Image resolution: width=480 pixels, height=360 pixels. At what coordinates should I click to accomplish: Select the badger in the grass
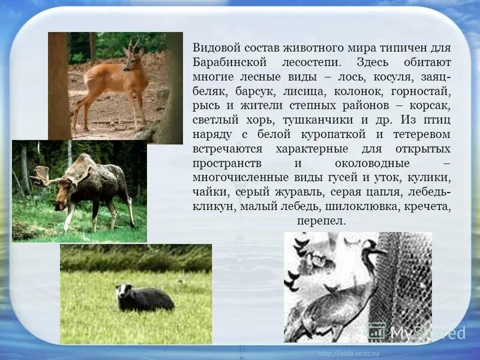[x=145, y=298]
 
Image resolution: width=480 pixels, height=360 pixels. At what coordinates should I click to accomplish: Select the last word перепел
[x=321, y=221]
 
